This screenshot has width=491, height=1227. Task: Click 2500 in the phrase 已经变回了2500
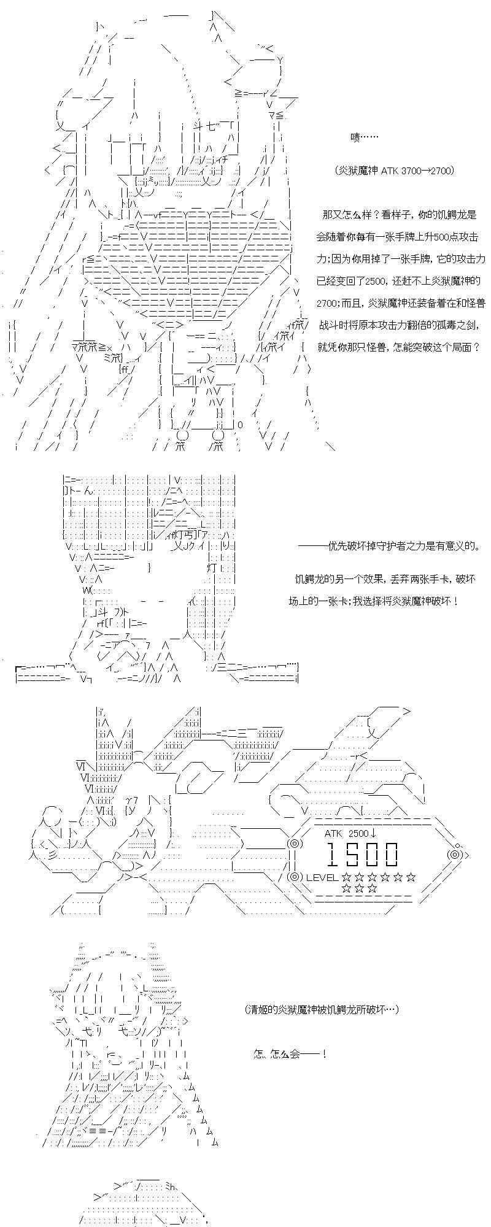pyautogui.click(x=376, y=281)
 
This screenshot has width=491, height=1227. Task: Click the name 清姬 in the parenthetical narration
pyautogui.click(x=258, y=1008)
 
